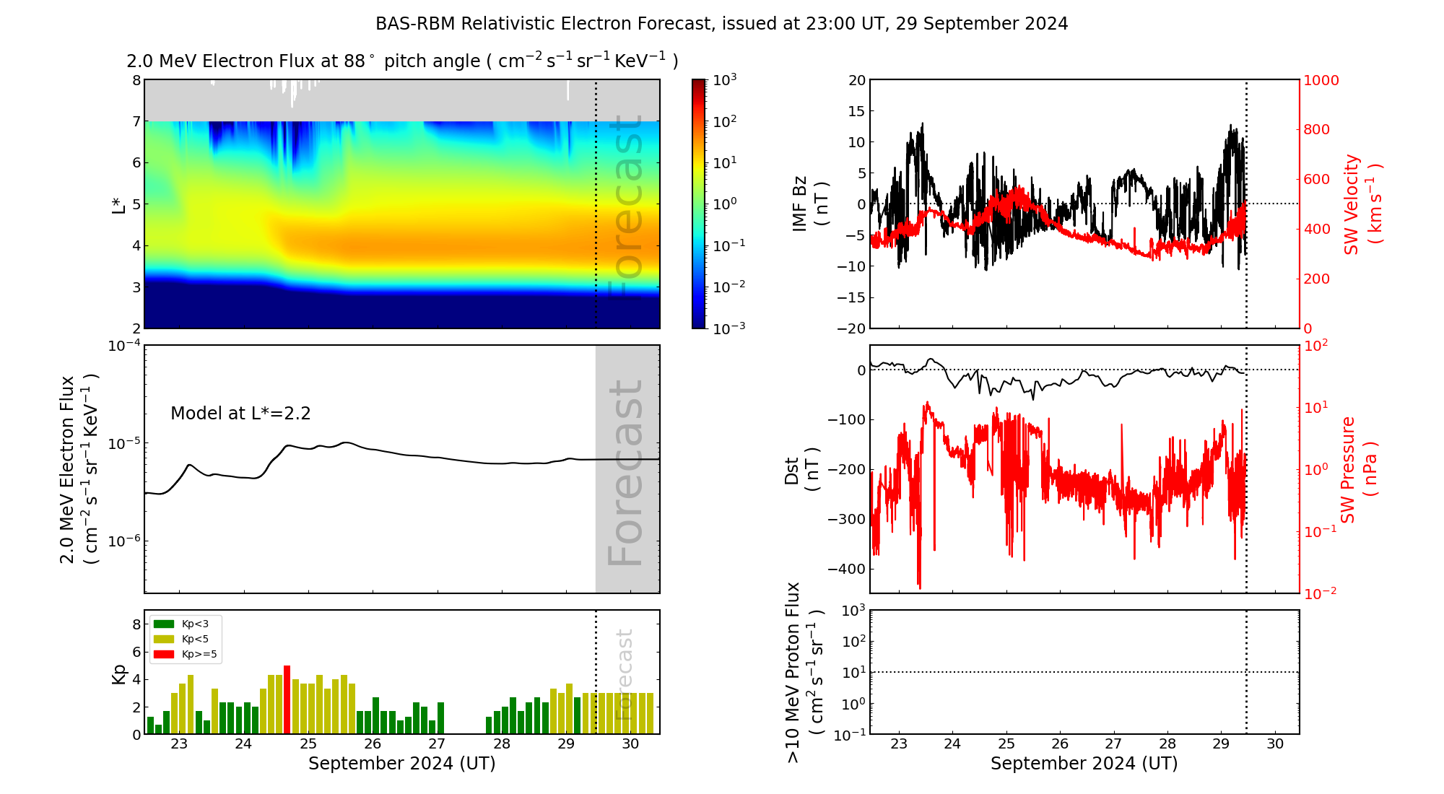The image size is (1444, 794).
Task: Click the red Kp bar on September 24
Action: click(x=287, y=699)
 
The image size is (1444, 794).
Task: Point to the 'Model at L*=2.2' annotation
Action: click(x=240, y=414)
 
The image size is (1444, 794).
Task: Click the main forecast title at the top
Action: click(x=721, y=24)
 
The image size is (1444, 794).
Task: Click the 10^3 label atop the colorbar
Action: click(x=725, y=80)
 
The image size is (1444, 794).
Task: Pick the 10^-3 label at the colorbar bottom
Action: click(x=728, y=328)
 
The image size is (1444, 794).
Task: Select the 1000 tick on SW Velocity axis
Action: click(x=1321, y=80)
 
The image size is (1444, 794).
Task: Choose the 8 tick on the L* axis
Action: click(x=136, y=80)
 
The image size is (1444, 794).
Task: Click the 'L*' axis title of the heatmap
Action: click(x=118, y=205)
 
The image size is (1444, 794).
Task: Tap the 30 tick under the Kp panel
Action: click(x=630, y=744)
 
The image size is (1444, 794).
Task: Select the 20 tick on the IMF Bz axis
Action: click(x=856, y=80)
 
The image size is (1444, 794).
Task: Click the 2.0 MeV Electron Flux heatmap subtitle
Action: click(x=402, y=61)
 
